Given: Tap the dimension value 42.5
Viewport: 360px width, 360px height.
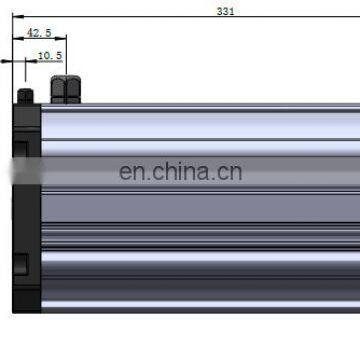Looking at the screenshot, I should pos(39,31).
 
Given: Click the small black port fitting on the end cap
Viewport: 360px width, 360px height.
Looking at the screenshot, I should pos(25,96).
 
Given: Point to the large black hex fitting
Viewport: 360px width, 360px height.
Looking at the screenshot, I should pos(66,89).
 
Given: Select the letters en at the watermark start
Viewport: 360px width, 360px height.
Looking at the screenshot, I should pos(131,172).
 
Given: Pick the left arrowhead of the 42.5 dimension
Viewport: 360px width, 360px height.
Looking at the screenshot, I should pos(17,38).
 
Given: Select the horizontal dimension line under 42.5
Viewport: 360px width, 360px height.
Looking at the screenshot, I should pos(40,38).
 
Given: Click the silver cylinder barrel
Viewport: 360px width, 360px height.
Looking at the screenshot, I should pos(200,210).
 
